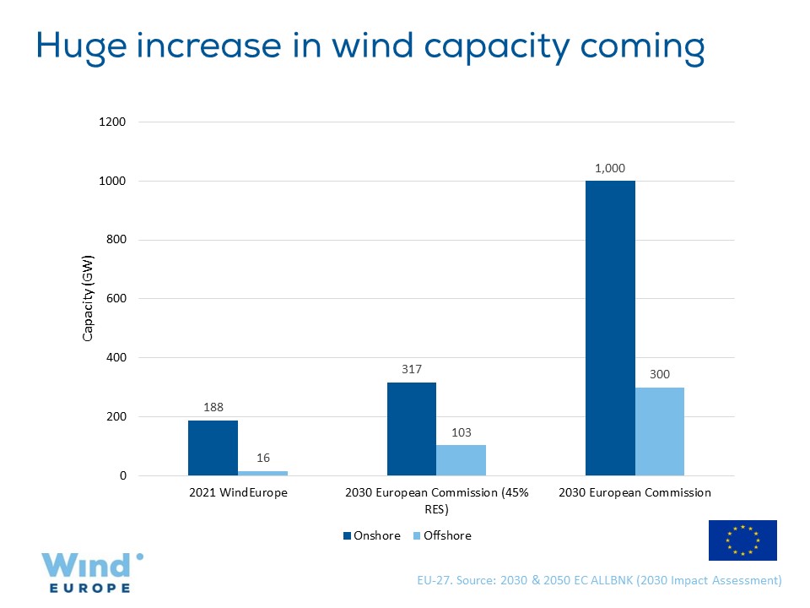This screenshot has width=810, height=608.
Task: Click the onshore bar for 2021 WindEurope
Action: pos(213,448)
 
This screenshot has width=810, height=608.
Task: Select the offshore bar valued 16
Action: pos(262,473)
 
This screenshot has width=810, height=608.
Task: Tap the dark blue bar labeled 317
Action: pos(412,429)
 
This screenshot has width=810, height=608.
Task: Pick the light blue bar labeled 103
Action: pos(461,460)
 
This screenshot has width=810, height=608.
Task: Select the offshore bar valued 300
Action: pos(660,432)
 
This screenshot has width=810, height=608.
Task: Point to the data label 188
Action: pos(213,406)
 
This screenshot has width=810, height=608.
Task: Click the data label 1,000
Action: pos(610,168)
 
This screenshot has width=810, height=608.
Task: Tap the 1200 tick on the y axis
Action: pos(113,122)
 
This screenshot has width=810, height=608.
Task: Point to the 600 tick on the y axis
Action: pos(116,299)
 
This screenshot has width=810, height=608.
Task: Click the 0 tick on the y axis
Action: pos(122,476)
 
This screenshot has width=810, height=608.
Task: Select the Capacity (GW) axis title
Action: pos(88,299)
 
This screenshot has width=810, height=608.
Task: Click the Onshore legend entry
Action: pos(372,535)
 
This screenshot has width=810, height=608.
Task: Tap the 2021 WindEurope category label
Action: pos(237,492)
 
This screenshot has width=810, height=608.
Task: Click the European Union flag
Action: pos(742,540)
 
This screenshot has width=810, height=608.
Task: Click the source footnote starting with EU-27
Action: pos(599,581)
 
